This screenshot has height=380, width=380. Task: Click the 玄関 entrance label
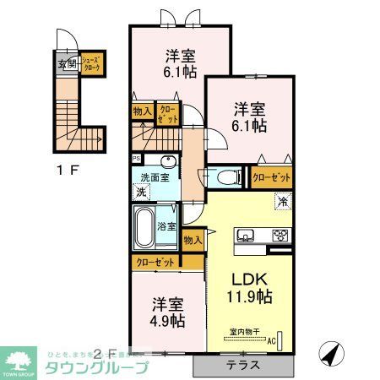click(67, 63)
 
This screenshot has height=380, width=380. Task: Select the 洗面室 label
click(155, 176)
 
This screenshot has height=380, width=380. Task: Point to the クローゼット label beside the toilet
click(271, 177)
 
